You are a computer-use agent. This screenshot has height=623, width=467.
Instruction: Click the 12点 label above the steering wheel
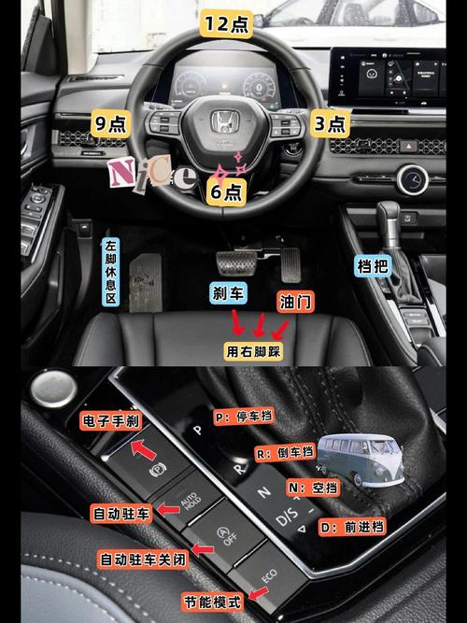pyautogui.click(x=226, y=23)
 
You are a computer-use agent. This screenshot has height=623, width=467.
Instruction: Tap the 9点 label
pyautogui.click(x=111, y=123)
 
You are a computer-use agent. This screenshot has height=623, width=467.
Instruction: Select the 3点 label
pyautogui.click(x=330, y=123)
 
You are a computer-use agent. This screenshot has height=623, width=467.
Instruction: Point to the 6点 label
pyautogui.click(x=226, y=191)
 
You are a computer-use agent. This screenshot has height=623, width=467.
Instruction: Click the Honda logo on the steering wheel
pyautogui.click(x=224, y=121)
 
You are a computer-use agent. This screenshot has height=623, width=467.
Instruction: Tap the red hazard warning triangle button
pyautogui.click(x=408, y=147)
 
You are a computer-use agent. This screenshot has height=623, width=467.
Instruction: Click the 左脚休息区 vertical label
pyautogui.click(x=111, y=272)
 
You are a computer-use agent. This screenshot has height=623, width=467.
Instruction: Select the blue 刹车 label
pyautogui.click(x=228, y=293)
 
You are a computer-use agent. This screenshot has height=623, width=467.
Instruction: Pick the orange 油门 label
pyautogui.click(x=295, y=302)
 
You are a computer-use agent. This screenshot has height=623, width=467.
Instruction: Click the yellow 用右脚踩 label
pyautogui.click(x=253, y=351)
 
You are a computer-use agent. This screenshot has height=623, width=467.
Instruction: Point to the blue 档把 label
pyautogui.click(x=373, y=265)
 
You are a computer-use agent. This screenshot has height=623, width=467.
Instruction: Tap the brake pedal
pyautogui.click(x=237, y=262)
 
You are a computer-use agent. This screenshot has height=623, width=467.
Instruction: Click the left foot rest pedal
pyautogui.click(x=146, y=282)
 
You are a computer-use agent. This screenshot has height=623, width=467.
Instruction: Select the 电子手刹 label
pyautogui.click(x=111, y=420)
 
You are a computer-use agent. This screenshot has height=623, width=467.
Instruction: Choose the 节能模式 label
pyautogui.click(x=213, y=602)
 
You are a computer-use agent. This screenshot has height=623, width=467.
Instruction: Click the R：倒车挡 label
pyautogui.click(x=285, y=453)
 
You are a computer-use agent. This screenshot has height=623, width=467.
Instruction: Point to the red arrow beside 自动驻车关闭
pyautogui.click(x=203, y=550)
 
